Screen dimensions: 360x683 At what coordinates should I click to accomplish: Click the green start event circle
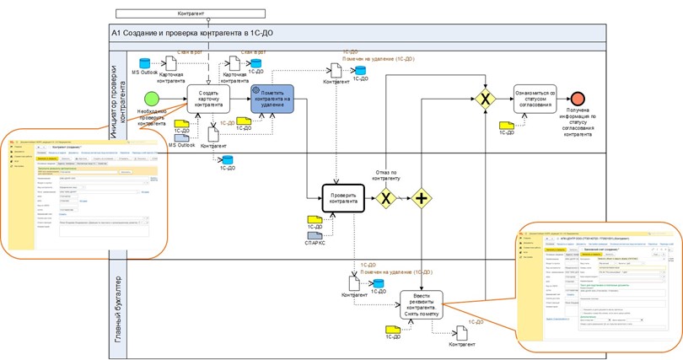(x=151, y=99)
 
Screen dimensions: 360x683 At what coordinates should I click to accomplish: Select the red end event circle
(x=578, y=99)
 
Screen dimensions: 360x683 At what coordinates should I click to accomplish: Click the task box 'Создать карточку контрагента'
(x=208, y=99)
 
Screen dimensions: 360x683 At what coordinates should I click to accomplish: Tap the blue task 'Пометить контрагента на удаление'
(x=272, y=99)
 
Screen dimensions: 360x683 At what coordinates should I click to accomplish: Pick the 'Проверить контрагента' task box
(x=343, y=198)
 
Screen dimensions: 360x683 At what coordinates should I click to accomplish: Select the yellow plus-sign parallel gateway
(x=422, y=199)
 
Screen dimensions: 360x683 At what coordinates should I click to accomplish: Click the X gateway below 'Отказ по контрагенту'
(x=385, y=199)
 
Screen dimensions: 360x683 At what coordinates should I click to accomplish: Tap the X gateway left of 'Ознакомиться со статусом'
(x=485, y=99)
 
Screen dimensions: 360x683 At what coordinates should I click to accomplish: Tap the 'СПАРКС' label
(x=315, y=244)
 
